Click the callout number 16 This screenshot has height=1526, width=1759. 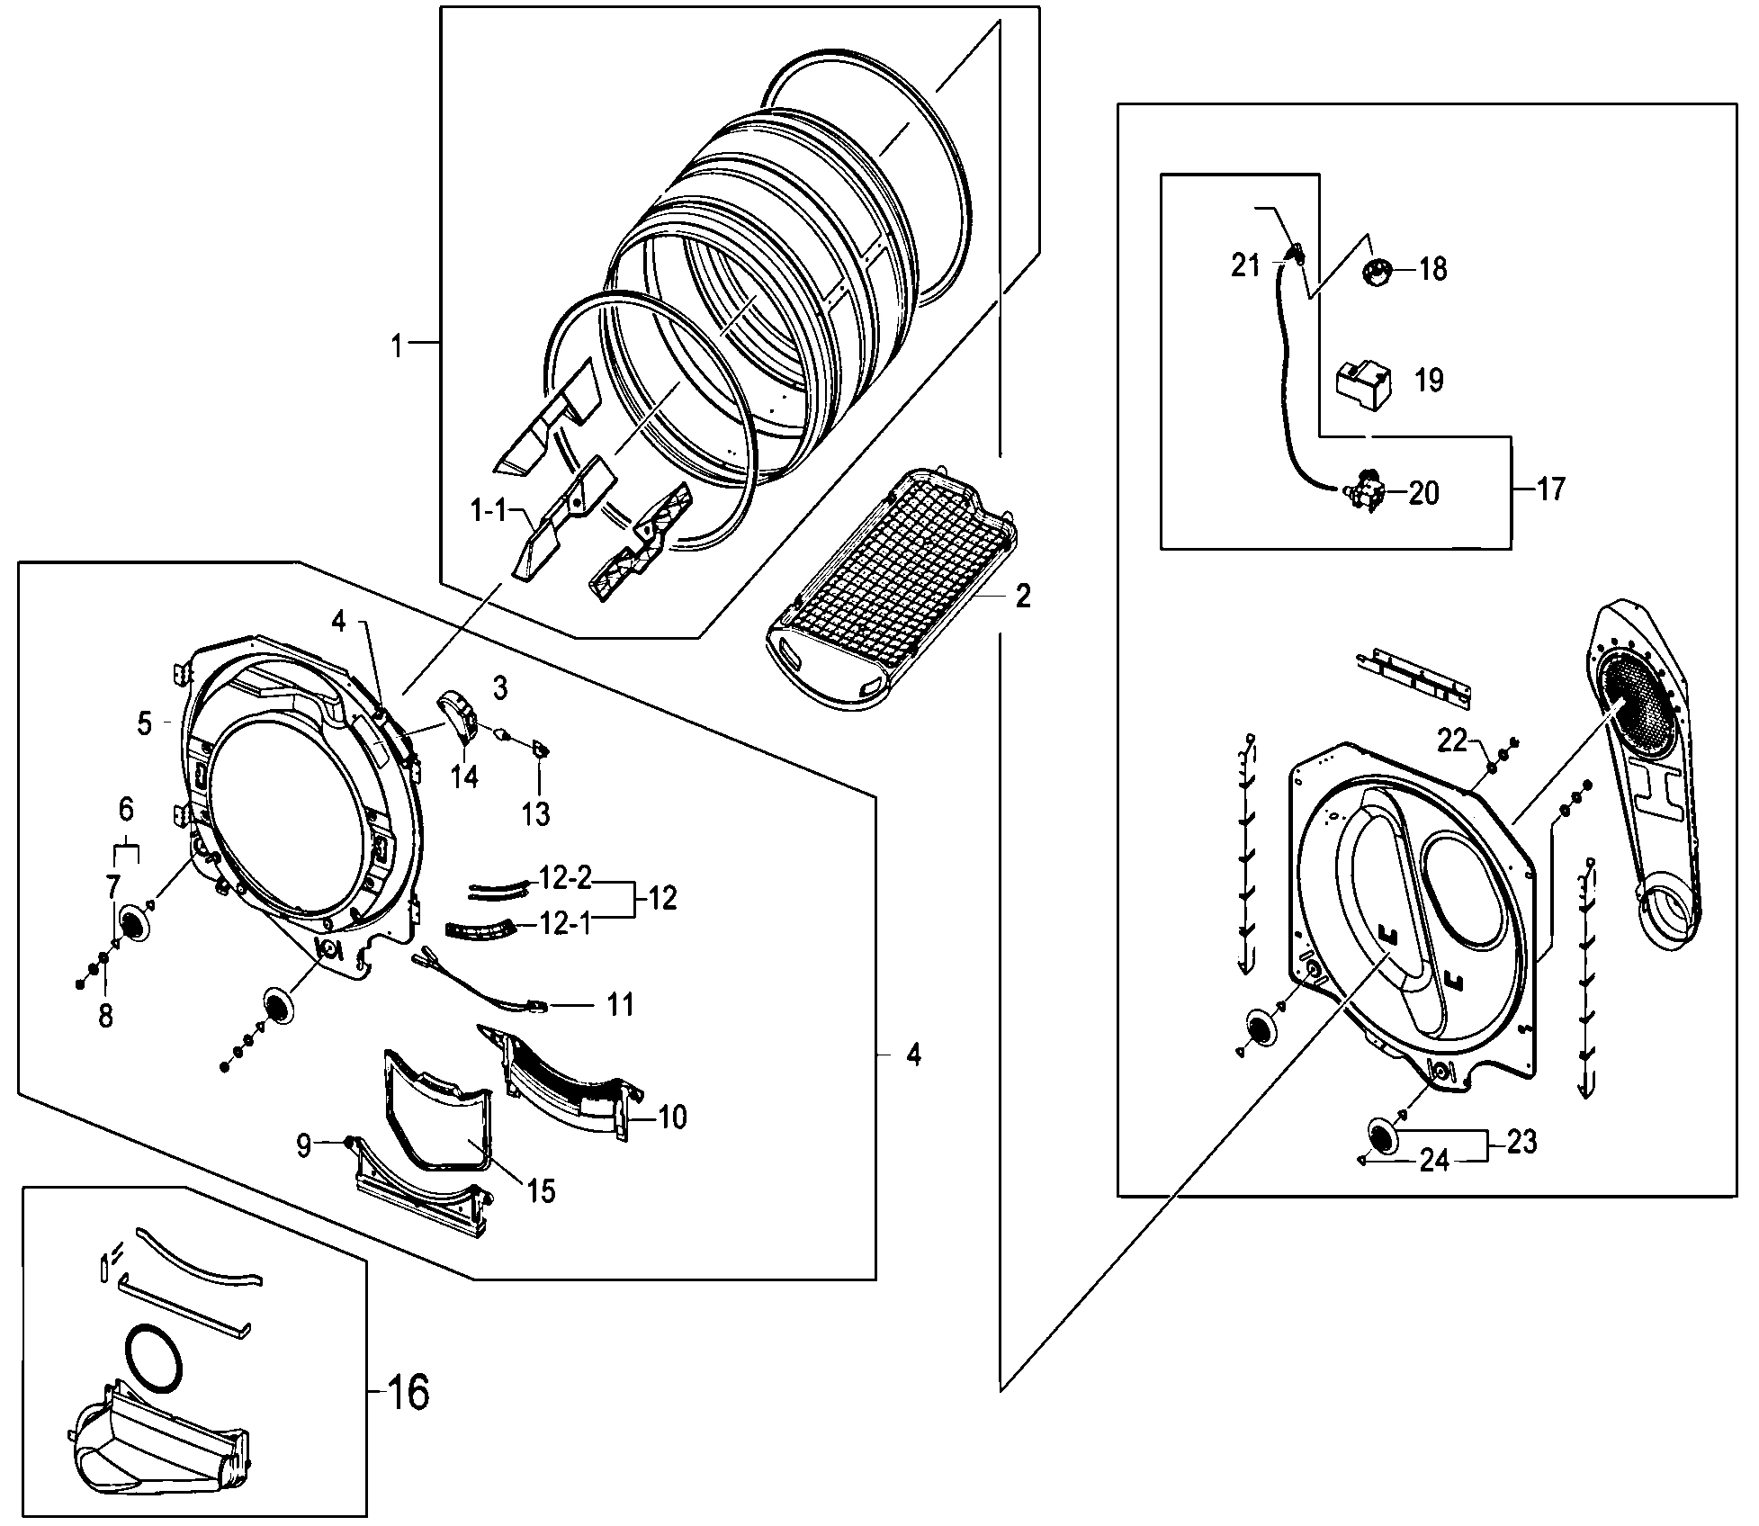[408, 1392]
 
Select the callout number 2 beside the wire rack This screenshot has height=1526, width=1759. [1023, 597]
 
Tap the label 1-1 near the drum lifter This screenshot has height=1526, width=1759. [489, 513]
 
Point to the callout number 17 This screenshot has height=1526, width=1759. [1551, 489]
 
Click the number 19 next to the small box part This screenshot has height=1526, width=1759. [1429, 380]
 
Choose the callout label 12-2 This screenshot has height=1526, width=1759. [566, 878]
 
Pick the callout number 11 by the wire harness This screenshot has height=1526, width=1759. [621, 1003]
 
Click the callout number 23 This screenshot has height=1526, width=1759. [1521, 1143]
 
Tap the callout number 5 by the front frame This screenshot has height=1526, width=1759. [145, 723]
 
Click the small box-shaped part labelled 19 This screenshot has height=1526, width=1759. [1362, 384]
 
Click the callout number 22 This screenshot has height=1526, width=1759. [1452, 741]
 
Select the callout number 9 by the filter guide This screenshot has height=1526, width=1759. [303, 1145]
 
